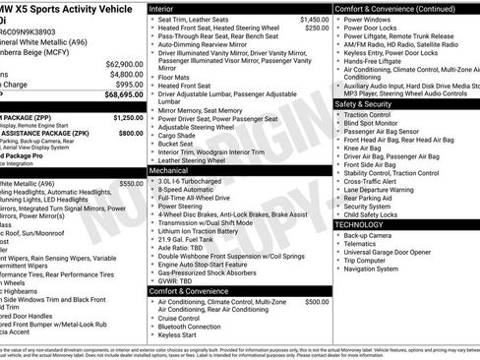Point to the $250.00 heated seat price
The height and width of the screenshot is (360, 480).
(316, 28)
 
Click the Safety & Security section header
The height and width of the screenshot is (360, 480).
(370, 102)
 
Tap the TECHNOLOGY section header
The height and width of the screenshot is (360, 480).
(365, 224)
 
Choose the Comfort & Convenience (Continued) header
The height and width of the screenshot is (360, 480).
(393, 7)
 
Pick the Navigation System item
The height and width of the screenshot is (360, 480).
(371, 269)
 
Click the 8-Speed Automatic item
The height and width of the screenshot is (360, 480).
(189, 190)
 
